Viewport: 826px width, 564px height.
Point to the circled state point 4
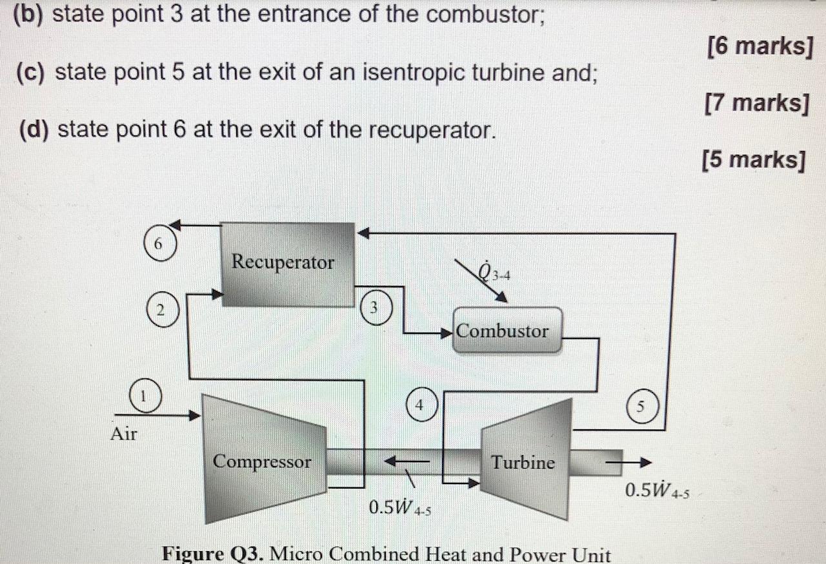click(420, 404)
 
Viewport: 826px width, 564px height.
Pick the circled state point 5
click(641, 407)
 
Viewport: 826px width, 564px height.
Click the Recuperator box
click(288, 264)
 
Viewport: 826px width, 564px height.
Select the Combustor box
click(507, 330)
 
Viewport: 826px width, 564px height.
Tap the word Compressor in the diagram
click(262, 462)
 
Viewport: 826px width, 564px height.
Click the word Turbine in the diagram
click(523, 462)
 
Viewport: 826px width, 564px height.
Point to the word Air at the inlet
click(124, 434)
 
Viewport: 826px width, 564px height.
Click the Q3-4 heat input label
click(495, 274)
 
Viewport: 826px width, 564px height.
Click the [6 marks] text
click(759, 46)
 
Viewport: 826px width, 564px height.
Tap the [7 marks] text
click(757, 102)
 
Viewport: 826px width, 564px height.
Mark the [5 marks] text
click(753, 159)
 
